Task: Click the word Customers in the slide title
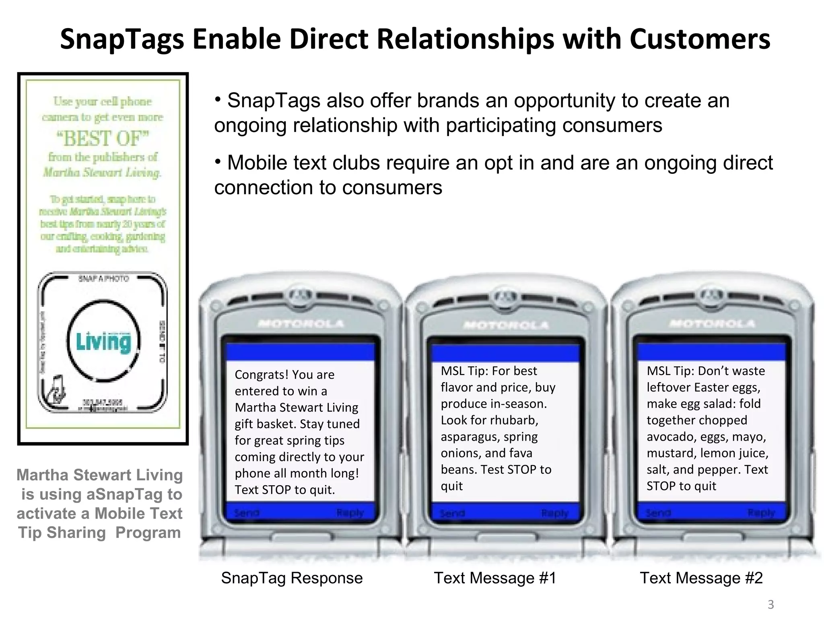[x=700, y=39]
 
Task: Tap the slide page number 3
[x=770, y=604]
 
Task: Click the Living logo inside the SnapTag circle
[x=104, y=342]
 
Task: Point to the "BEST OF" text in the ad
[x=103, y=138]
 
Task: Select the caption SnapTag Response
[x=292, y=578]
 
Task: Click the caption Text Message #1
[x=495, y=578]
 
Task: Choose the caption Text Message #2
[x=701, y=578]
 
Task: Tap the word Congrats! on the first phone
[x=261, y=375]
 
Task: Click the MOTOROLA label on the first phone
[x=301, y=323]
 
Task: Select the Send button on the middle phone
[x=453, y=513]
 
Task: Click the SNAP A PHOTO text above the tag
[x=104, y=278]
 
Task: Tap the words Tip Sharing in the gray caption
[x=62, y=533]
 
